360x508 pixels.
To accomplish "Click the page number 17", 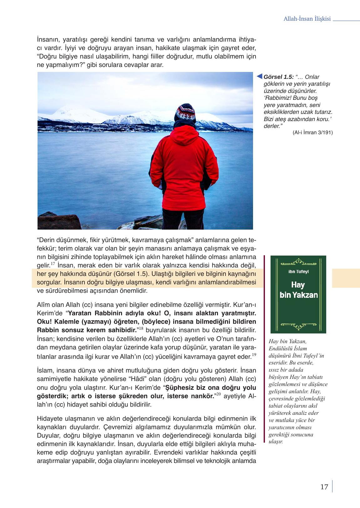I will tap(324, 487).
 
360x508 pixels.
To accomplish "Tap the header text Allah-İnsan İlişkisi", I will tap(307, 19).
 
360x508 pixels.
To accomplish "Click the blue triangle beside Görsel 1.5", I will tap(259, 76).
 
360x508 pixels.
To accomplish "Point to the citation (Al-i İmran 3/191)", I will tap(312, 132).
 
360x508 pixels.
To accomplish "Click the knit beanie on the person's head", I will tap(185, 113).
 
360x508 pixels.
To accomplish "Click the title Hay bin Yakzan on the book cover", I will tap(298, 290).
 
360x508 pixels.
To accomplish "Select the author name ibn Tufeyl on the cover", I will tap(298, 272).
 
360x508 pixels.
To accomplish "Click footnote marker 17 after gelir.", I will tap(53, 264).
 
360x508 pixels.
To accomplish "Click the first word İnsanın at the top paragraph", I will tap(48, 40).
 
